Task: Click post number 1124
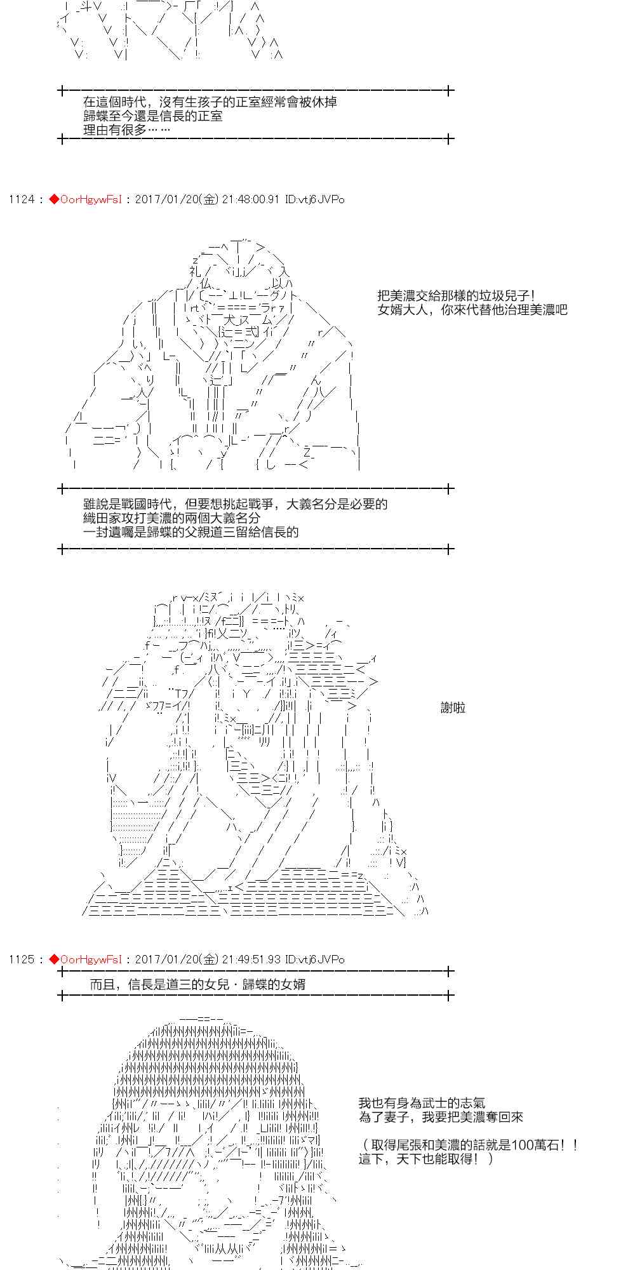(x=21, y=199)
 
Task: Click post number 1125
(x=21, y=959)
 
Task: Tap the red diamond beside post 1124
(x=54, y=199)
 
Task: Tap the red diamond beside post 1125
(x=54, y=959)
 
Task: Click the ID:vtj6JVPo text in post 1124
(x=315, y=199)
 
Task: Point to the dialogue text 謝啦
(x=453, y=707)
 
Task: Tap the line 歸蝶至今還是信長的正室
(x=152, y=116)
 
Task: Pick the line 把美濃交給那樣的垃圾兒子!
(x=456, y=296)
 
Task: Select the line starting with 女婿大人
(x=472, y=310)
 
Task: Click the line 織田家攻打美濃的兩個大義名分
(x=171, y=518)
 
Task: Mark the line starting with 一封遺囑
(x=190, y=532)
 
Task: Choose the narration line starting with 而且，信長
(x=197, y=984)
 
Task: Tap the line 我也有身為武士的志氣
(x=422, y=1104)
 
